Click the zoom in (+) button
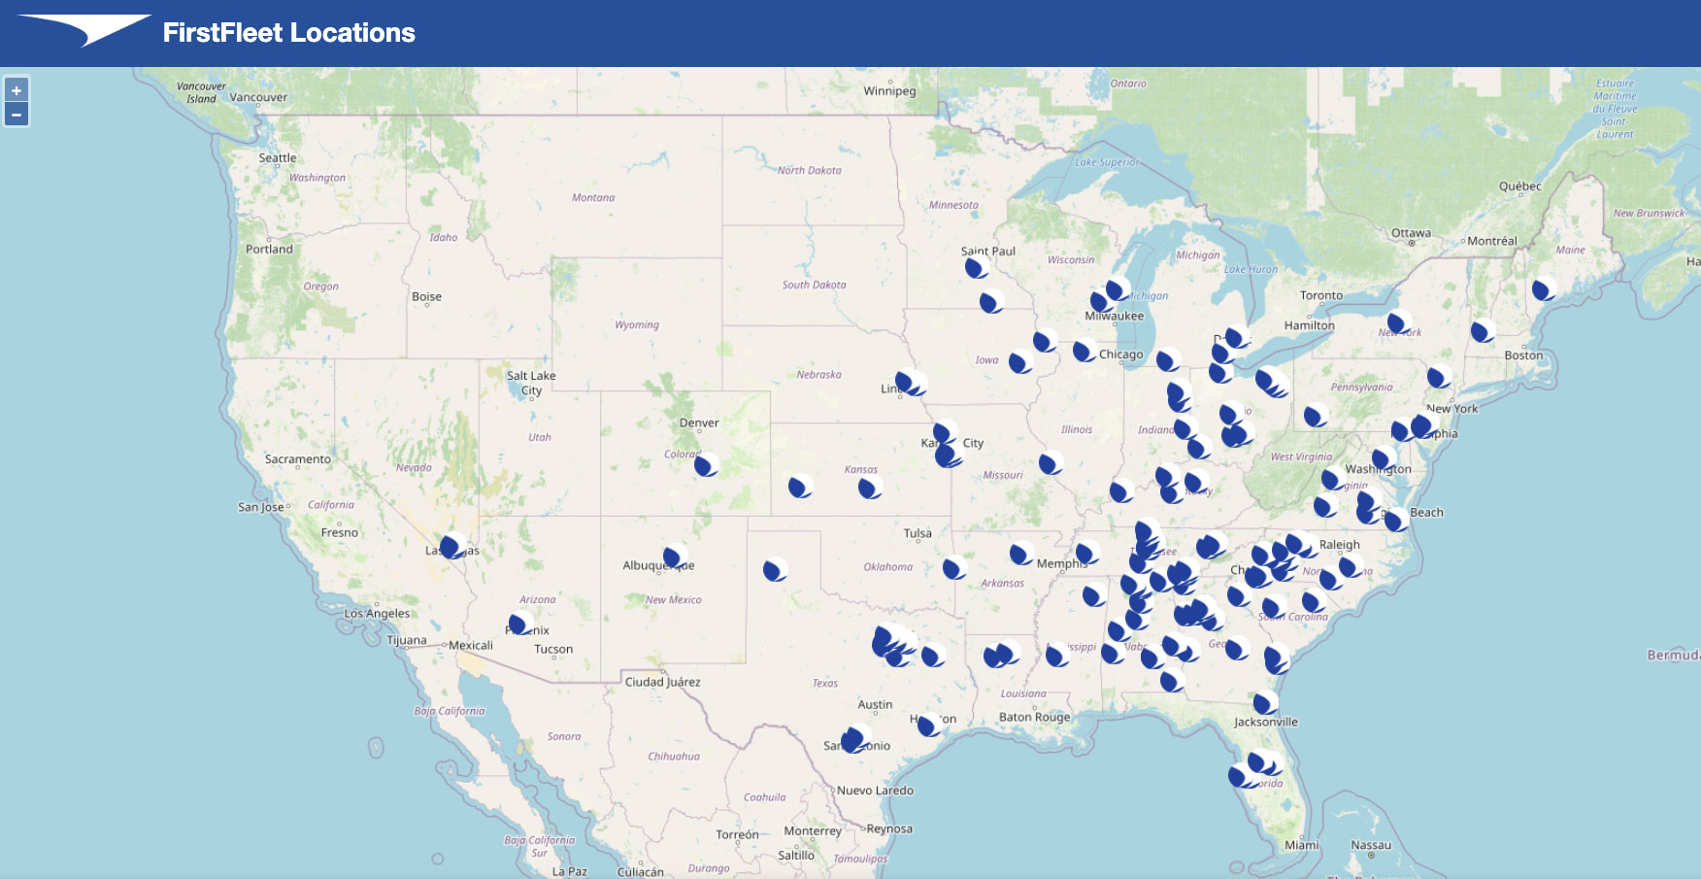click(x=17, y=90)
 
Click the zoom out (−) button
click(x=17, y=115)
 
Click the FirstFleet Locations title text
click(x=288, y=33)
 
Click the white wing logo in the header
click(x=85, y=29)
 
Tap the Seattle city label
click(x=278, y=158)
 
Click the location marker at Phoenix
click(x=519, y=625)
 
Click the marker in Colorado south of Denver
click(x=706, y=465)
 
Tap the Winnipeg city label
click(x=889, y=91)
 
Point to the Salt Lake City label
click(x=531, y=383)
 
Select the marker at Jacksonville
click(x=1264, y=702)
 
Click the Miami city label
click(x=1301, y=845)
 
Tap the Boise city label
click(x=426, y=297)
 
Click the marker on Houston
click(x=929, y=725)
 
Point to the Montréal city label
click(x=1491, y=241)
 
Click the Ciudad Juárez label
click(x=662, y=682)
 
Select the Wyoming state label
click(x=636, y=325)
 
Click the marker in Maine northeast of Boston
click(x=1543, y=289)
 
